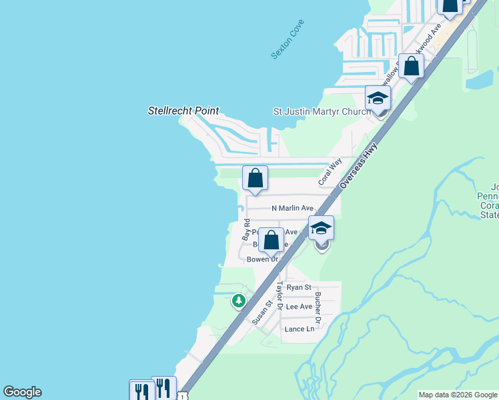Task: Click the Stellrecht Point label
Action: pyautogui.click(x=183, y=111)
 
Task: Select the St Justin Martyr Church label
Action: pyautogui.click(x=322, y=111)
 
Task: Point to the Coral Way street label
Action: pyautogui.click(x=330, y=171)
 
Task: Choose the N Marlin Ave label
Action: pyautogui.click(x=292, y=209)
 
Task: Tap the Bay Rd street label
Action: pyautogui.click(x=246, y=229)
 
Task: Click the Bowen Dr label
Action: pyautogui.click(x=262, y=259)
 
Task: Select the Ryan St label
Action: pyautogui.click(x=299, y=287)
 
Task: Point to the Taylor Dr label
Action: pyautogui.click(x=280, y=296)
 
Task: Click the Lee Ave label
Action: pyautogui.click(x=299, y=307)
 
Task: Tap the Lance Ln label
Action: pyautogui.click(x=299, y=329)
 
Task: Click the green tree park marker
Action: pyautogui.click(x=238, y=301)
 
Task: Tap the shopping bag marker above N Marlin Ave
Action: pyautogui.click(x=255, y=178)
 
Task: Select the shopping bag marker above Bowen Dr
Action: pyautogui.click(x=271, y=240)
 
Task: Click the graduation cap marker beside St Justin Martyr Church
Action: pyautogui.click(x=378, y=98)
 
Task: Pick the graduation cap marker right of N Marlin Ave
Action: pyautogui.click(x=321, y=228)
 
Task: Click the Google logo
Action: pyautogui.click(x=22, y=392)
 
